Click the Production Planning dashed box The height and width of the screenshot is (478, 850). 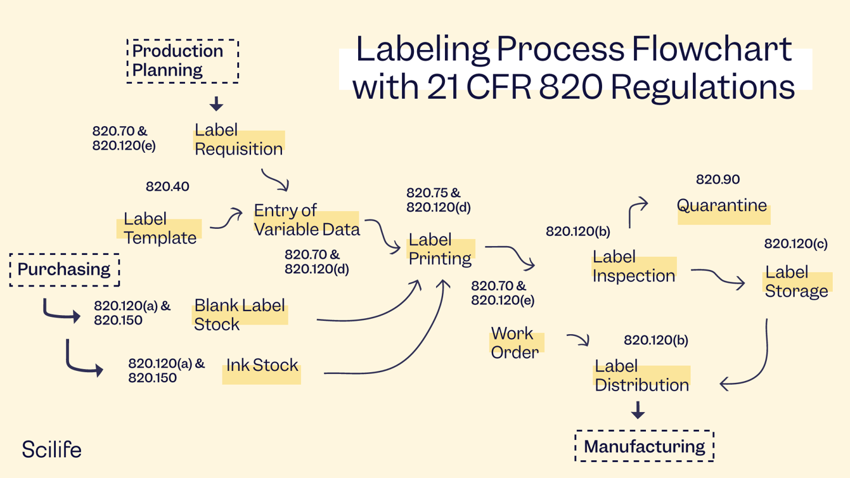183,61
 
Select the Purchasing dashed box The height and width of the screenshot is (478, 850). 64,269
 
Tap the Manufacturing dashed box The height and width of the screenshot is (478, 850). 644,446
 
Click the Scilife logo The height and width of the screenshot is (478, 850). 51,449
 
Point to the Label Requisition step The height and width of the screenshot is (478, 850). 238,139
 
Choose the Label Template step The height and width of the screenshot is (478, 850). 160,228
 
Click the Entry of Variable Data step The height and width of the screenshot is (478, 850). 306,220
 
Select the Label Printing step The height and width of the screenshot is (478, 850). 440,249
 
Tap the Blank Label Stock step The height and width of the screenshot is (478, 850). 239,314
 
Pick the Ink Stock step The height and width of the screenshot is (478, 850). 262,366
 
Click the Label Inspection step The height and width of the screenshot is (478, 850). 633,266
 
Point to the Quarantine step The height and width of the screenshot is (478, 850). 722,206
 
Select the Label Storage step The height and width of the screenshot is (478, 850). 796,281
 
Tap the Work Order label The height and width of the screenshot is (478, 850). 514,342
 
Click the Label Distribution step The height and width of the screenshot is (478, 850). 641,375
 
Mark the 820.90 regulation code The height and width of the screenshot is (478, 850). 718,180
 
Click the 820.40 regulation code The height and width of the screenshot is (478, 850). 167,187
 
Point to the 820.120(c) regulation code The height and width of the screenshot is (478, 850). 795,244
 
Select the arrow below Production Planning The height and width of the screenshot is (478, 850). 216,103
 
